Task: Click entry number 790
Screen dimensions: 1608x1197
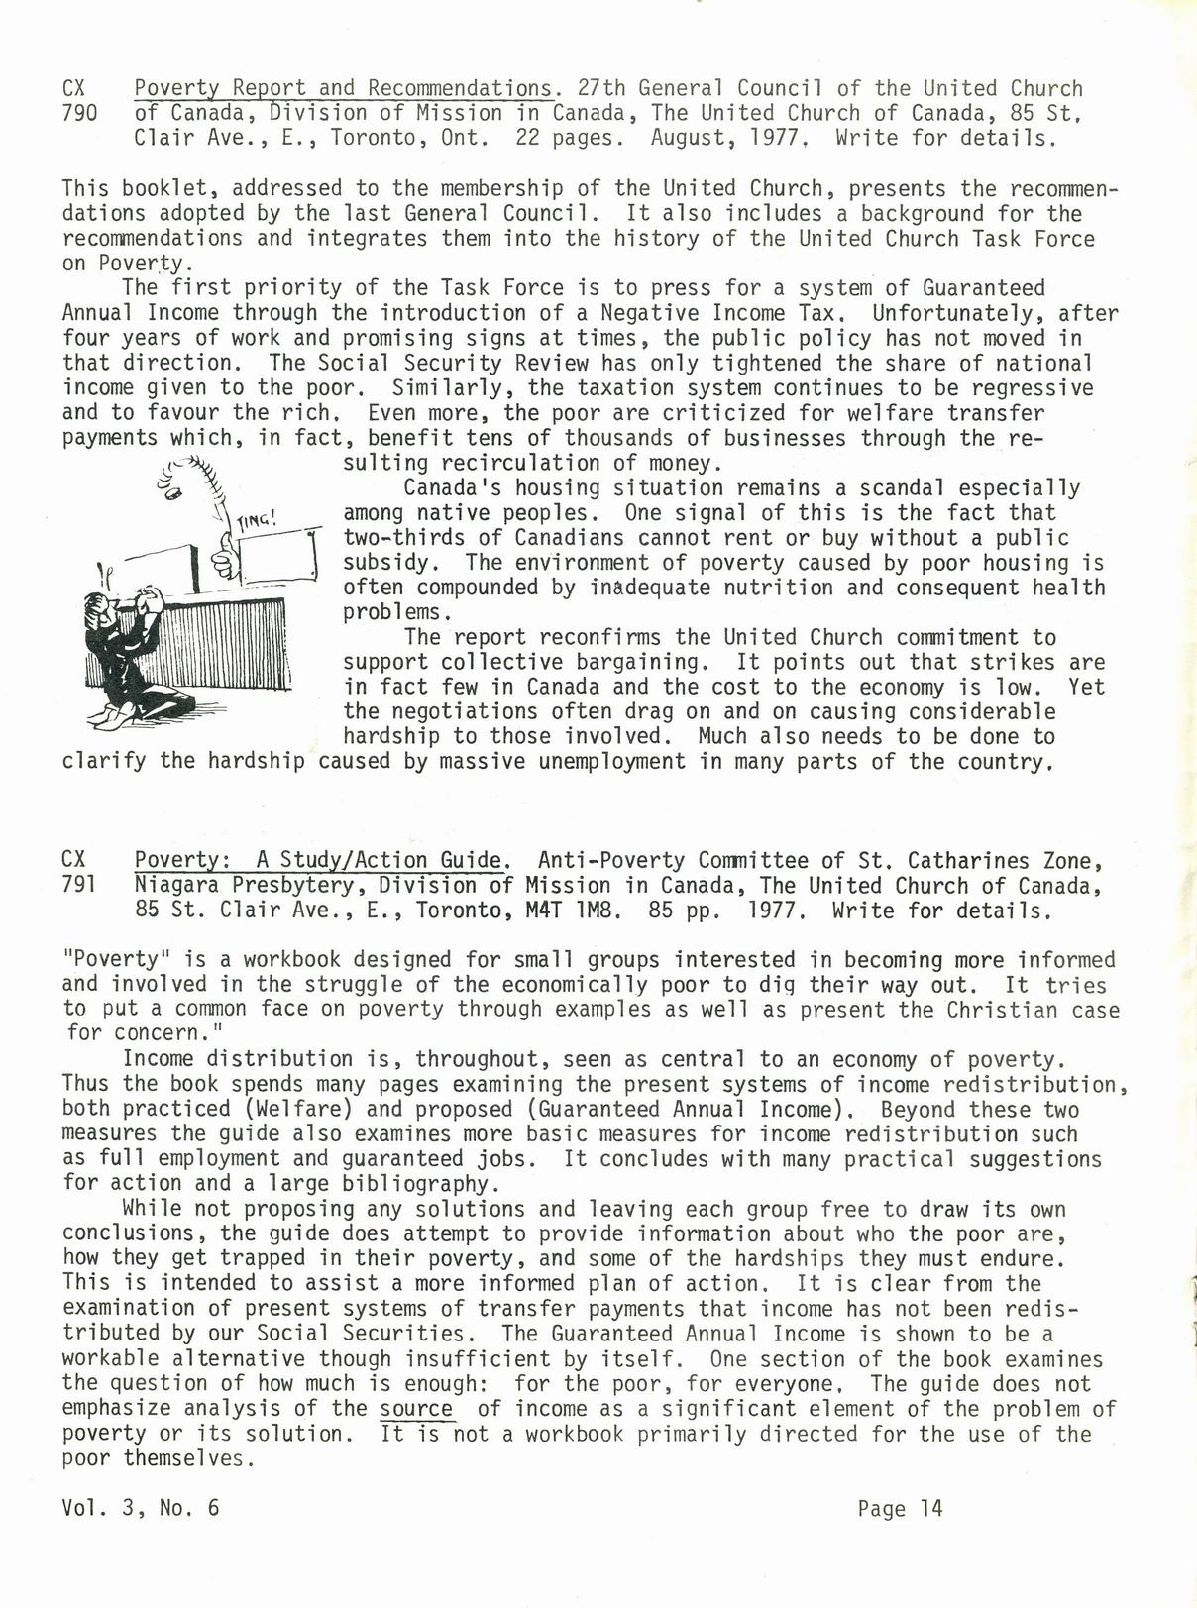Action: click(x=79, y=113)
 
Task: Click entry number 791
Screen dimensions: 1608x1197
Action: click(x=79, y=885)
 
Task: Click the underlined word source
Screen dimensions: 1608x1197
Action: click(x=416, y=1409)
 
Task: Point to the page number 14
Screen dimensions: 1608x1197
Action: click(x=930, y=1509)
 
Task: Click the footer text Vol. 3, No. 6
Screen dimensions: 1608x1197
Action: click(x=140, y=1509)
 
